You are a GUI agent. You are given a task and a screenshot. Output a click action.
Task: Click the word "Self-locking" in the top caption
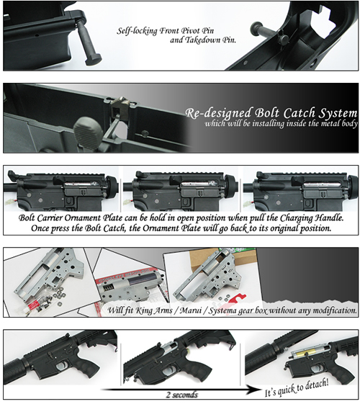pos(135,32)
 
